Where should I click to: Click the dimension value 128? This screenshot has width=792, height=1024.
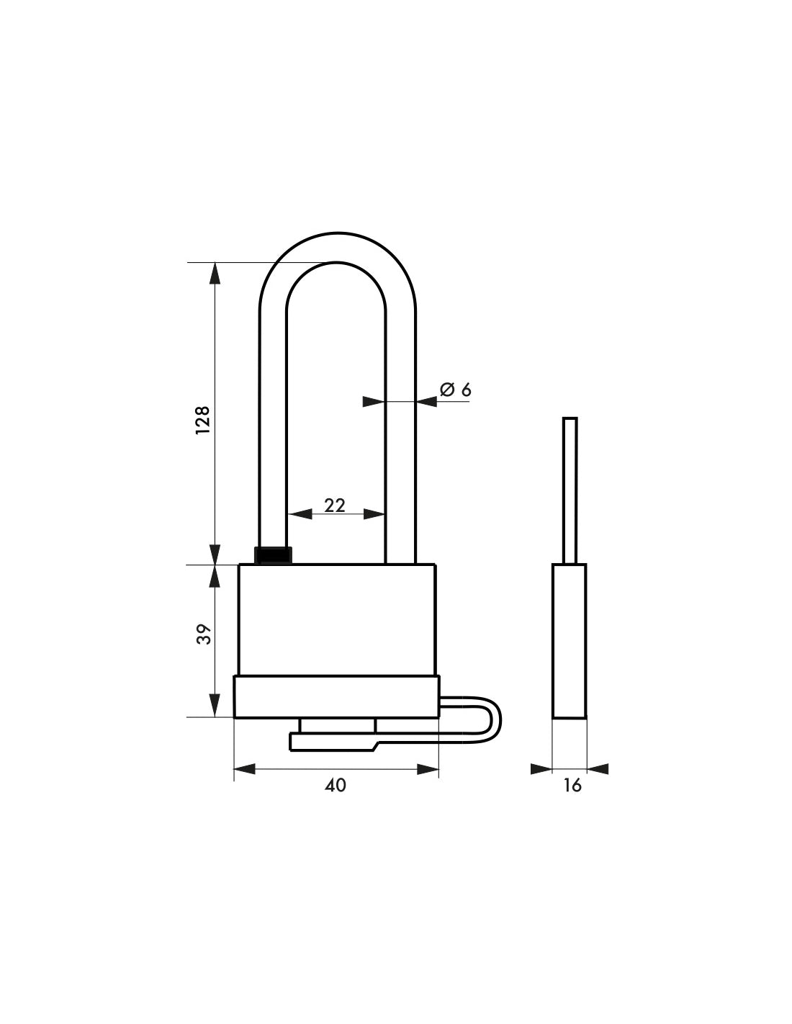click(202, 419)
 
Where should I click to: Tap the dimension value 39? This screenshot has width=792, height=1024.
click(204, 634)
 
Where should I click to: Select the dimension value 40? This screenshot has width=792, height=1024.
click(336, 785)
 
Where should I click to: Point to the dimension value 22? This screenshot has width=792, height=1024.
click(335, 506)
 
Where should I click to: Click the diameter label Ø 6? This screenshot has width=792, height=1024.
click(455, 390)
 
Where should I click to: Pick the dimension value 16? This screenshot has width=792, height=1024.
click(572, 785)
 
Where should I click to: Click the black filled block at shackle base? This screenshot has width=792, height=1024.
click(274, 555)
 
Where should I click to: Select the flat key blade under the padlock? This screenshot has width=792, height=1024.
click(331, 742)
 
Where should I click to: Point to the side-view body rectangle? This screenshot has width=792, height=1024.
click(569, 641)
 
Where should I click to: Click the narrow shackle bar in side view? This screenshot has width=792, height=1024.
click(570, 490)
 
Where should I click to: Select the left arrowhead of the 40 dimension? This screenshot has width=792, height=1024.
click(245, 770)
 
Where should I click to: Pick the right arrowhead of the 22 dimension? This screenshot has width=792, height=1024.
click(374, 514)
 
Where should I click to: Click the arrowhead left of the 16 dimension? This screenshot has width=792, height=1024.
click(541, 769)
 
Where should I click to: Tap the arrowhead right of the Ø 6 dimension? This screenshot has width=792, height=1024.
click(426, 402)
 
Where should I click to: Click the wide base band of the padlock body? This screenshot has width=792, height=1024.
click(336, 696)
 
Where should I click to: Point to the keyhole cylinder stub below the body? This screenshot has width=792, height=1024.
click(336, 725)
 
